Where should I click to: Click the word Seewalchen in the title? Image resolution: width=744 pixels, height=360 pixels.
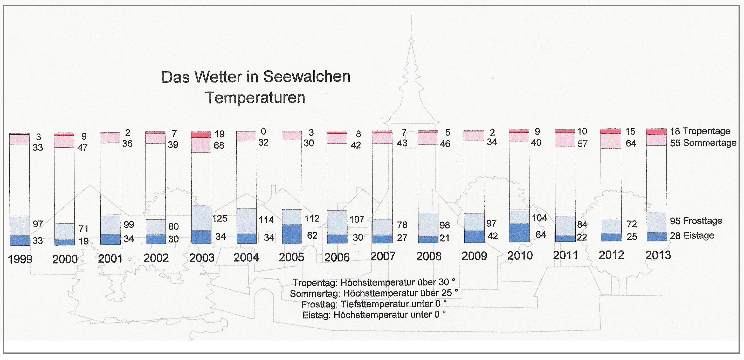tap(307, 77)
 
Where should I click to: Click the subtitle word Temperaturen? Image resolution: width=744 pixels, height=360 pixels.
tap(255, 98)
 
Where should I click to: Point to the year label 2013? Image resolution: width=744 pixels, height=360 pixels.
tap(658, 255)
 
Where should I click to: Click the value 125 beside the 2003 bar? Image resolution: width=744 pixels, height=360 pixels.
tap(219, 219)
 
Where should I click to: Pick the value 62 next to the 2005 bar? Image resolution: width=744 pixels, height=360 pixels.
tap(312, 236)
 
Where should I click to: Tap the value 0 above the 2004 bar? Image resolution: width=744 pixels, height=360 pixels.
tap(263, 132)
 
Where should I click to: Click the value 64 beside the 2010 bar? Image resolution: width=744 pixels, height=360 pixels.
tap(541, 235)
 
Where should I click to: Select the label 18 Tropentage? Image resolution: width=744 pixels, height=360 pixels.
tap(700, 131)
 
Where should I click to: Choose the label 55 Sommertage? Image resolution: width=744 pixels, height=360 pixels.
tap(703, 143)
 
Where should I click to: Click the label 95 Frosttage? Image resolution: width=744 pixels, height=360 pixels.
tap(696, 221)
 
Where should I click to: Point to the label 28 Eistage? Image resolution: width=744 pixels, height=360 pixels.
tap(692, 236)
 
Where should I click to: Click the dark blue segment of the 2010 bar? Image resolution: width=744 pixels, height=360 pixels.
tap(519, 233)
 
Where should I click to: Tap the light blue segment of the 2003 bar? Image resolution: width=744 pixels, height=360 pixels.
tap(201, 218)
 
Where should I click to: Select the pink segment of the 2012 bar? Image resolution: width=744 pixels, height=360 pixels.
tap(611, 141)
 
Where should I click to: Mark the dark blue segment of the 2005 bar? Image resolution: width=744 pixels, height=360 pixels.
tap(292, 234)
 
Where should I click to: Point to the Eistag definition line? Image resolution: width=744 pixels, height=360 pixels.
tap(374, 314)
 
